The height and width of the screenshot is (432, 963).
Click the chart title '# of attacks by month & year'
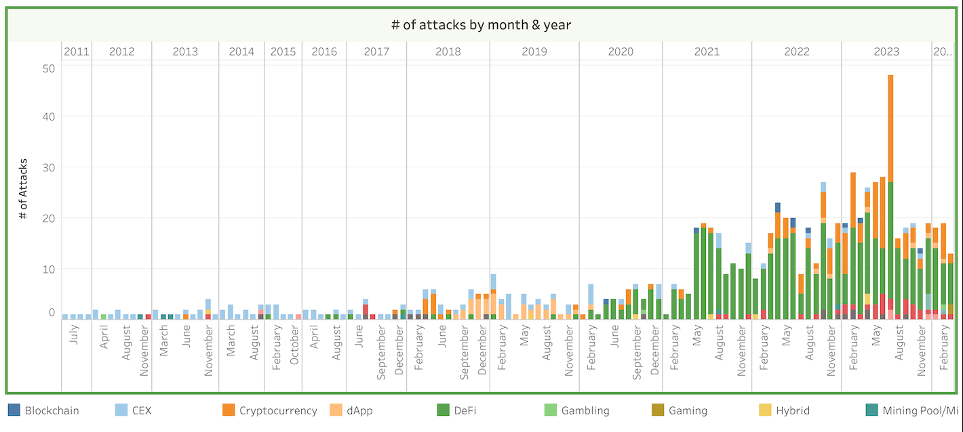tap(481, 25)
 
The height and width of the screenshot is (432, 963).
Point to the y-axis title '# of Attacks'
tap(24, 188)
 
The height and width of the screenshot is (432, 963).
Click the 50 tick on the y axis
tap(48, 68)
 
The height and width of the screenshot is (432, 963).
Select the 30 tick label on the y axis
tap(48, 167)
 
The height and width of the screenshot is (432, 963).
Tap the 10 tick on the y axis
tap(49, 269)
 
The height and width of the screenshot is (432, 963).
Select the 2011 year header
tap(77, 51)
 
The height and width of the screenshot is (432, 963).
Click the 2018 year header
tap(448, 51)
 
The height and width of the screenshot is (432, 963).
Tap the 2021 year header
tap(707, 51)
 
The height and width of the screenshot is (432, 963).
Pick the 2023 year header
tap(886, 51)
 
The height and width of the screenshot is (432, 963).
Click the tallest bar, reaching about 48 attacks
tap(890, 196)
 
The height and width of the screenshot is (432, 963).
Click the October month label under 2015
tap(295, 347)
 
